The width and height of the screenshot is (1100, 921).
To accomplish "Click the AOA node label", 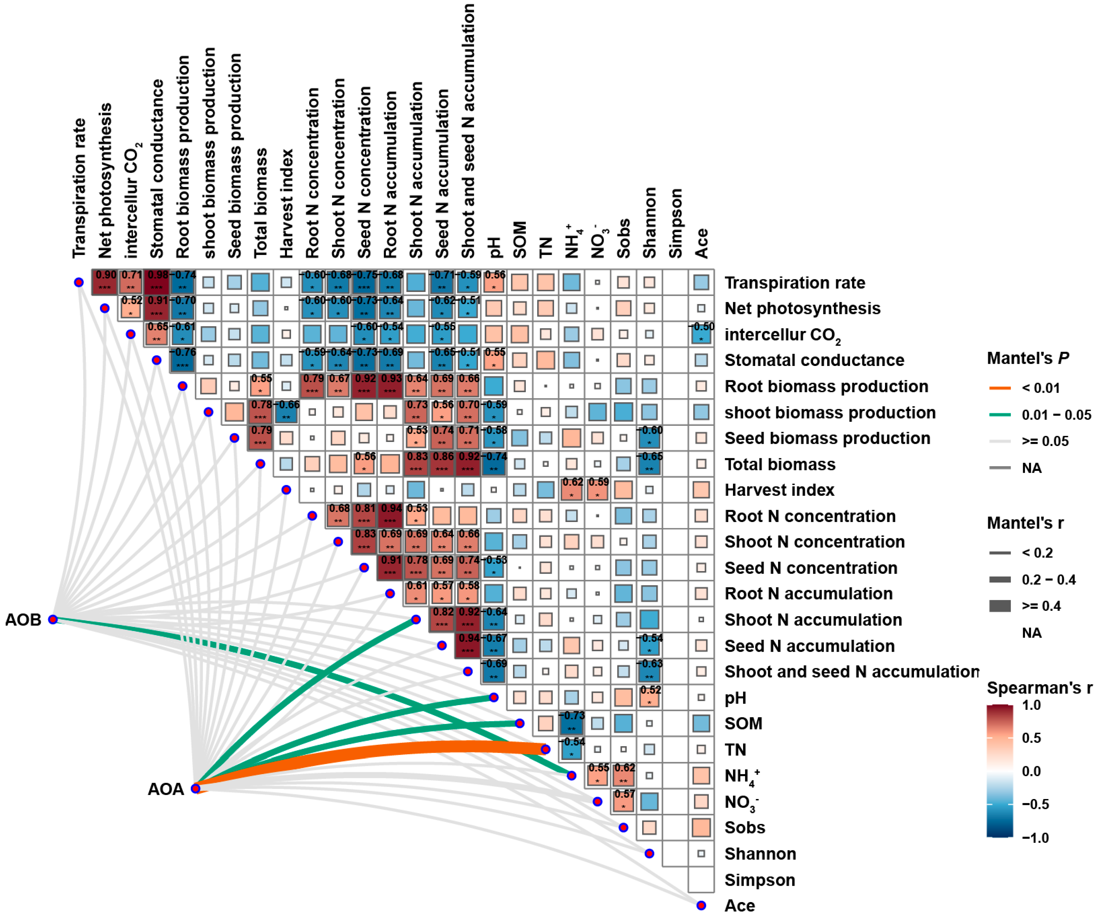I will [x=166, y=789].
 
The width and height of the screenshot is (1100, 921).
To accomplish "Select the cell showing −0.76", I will [x=182, y=360].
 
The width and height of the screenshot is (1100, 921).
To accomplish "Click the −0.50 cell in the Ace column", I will [x=701, y=333].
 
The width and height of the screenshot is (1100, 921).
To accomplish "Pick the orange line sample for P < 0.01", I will [x=999, y=388].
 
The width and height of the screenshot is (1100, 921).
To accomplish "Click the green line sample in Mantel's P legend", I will [x=999, y=415].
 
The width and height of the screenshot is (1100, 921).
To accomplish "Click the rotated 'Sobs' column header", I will [x=623, y=238].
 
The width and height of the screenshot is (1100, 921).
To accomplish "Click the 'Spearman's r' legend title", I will [x=1039, y=687].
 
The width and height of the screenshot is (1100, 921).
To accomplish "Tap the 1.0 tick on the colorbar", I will [x=1031, y=705].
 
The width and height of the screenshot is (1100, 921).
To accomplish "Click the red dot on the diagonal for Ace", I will [x=701, y=905].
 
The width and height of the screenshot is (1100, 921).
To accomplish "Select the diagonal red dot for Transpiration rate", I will [x=79, y=282].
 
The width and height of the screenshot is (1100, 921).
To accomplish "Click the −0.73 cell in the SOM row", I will [x=572, y=723].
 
